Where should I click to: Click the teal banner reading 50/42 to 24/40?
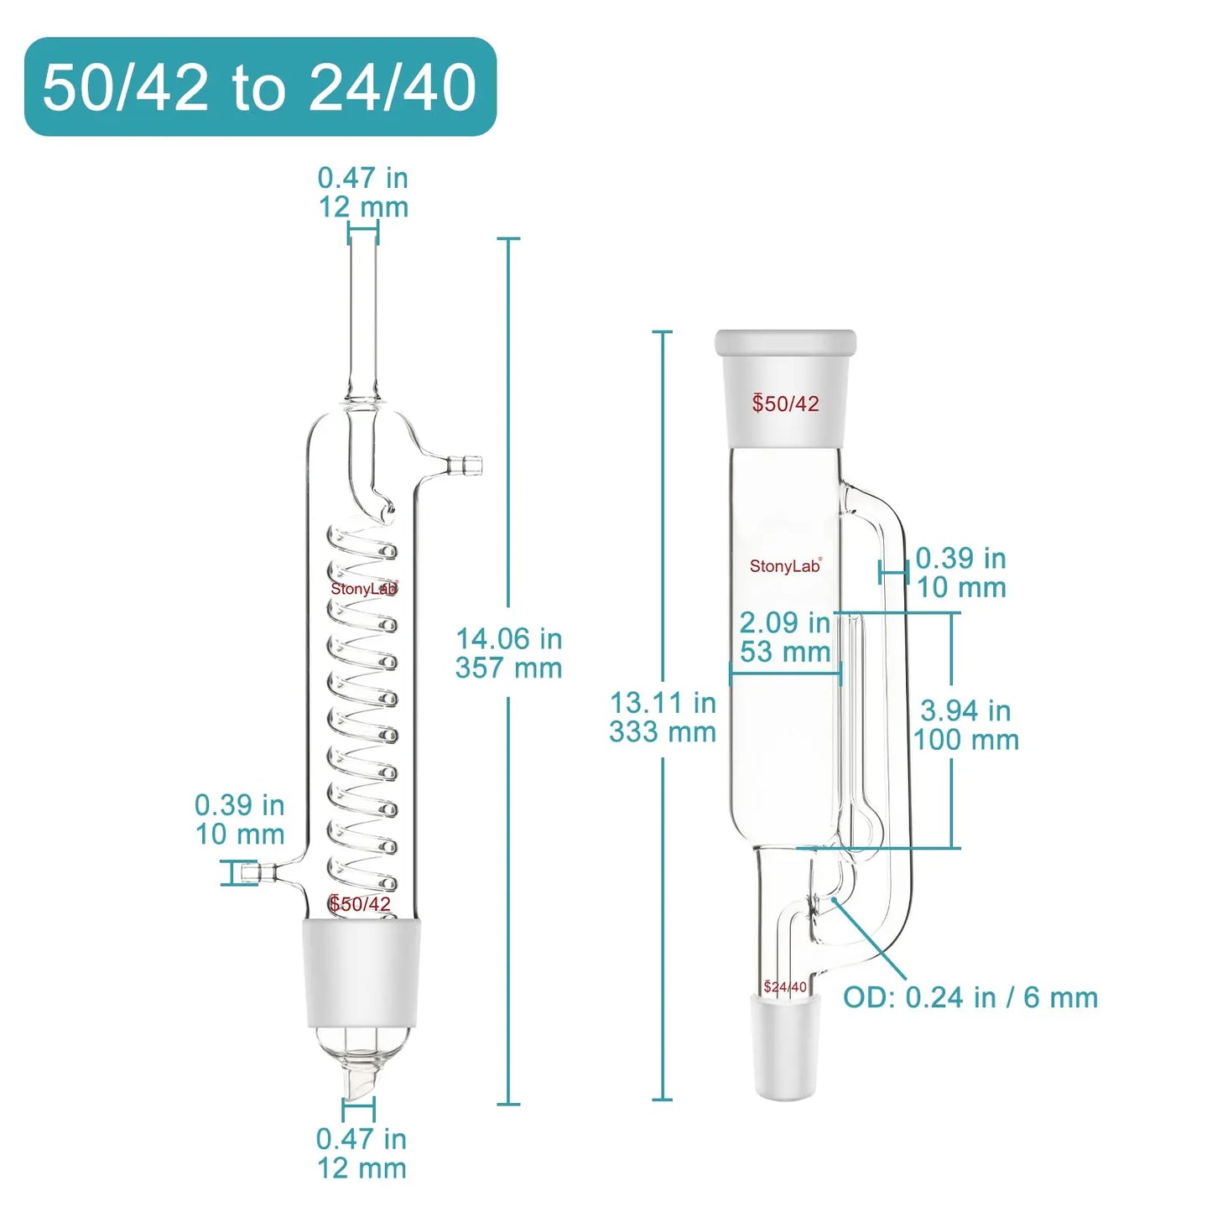click(x=260, y=86)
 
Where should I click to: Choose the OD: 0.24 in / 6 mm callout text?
click(x=970, y=997)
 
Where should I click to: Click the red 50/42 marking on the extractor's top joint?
click(x=786, y=403)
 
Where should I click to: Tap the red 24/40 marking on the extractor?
click(x=785, y=987)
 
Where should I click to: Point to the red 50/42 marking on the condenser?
click(x=361, y=904)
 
